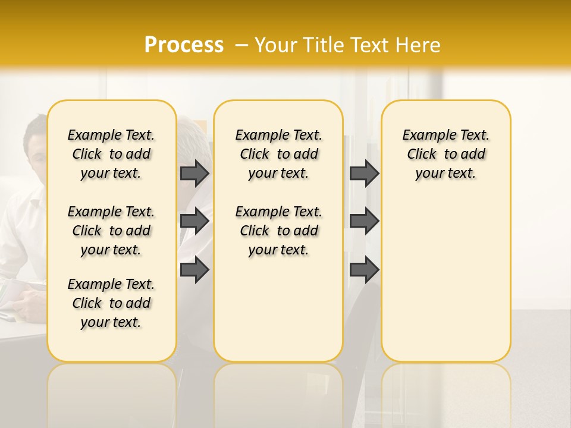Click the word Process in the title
pyautogui.click(x=184, y=45)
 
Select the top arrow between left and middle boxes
pyautogui.click(x=194, y=173)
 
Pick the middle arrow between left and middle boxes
pyautogui.click(x=194, y=221)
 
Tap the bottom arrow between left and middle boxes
pyautogui.click(x=194, y=269)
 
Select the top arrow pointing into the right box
pyautogui.click(x=364, y=173)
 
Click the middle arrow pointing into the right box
pyautogui.click(x=364, y=221)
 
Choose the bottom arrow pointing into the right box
pyautogui.click(x=364, y=269)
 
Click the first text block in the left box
pyautogui.click(x=111, y=154)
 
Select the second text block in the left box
pyautogui.click(x=111, y=231)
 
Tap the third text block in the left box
pyautogui.click(x=111, y=303)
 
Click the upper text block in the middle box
pyautogui.click(x=278, y=154)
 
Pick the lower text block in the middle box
pyautogui.click(x=278, y=231)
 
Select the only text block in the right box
pyautogui.click(x=445, y=154)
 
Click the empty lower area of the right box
pyautogui.click(x=445, y=279)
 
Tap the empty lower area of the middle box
pyautogui.click(x=278, y=309)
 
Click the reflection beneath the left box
pyautogui.click(x=111, y=392)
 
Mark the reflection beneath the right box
pyautogui.click(x=445, y=392)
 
